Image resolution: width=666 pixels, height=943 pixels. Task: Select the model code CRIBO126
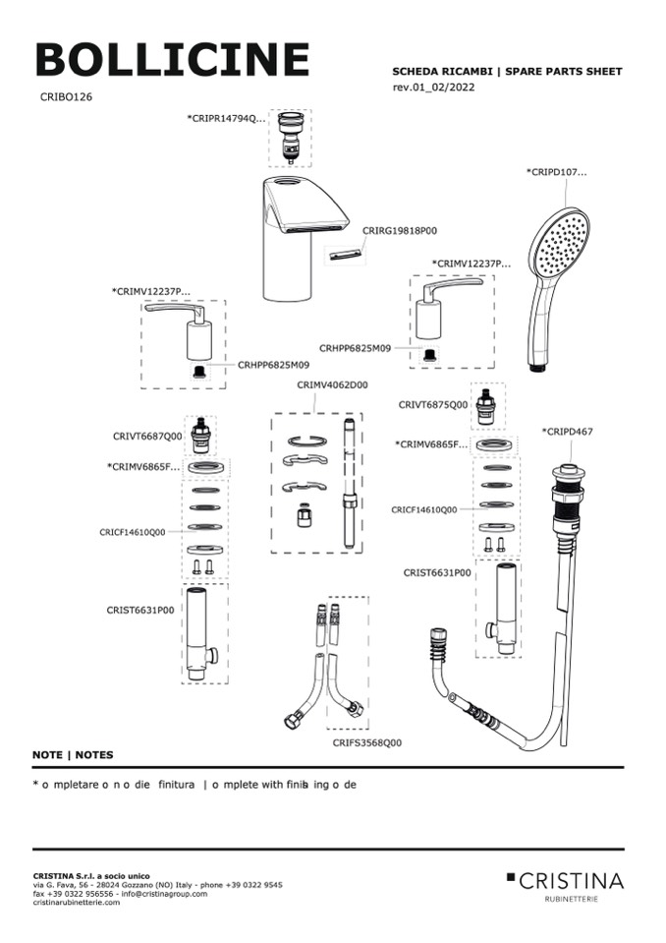[x=67, y=97]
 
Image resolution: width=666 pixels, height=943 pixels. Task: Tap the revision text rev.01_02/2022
[x=435, y=88]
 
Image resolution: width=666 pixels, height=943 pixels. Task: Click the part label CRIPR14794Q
[x=226, y=118]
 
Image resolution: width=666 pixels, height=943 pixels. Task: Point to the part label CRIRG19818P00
[x=400, y=230]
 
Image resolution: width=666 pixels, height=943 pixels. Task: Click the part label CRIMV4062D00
[x=332, y=384]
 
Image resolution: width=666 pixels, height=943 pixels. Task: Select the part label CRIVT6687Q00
[x=147, y=436]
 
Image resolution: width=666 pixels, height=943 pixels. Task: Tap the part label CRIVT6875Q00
[x=433, y=404]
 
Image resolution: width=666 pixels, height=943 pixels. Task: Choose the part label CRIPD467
[x=568, y=432]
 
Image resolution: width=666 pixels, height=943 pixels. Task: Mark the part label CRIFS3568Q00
[x=366, y=742]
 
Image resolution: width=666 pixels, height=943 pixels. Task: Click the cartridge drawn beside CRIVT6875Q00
[x=485, y=405]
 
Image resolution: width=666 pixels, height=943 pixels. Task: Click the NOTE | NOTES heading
[x=73, y=755]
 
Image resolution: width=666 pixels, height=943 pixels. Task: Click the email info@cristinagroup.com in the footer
[x=164, y=894]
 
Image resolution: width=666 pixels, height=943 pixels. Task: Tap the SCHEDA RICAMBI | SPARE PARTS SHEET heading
[x=507, y=72]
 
